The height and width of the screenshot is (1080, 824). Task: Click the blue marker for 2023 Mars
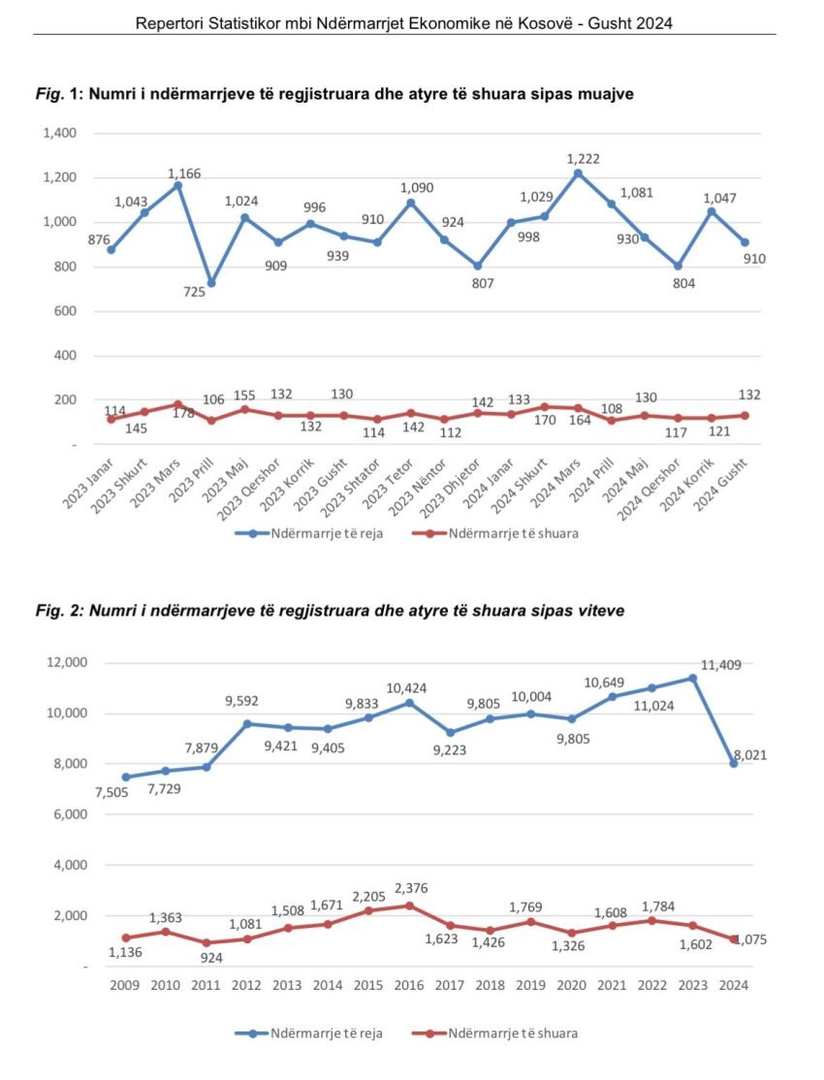click(x=178, y=185)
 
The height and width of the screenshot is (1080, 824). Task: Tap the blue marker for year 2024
click(x=734, y=764)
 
